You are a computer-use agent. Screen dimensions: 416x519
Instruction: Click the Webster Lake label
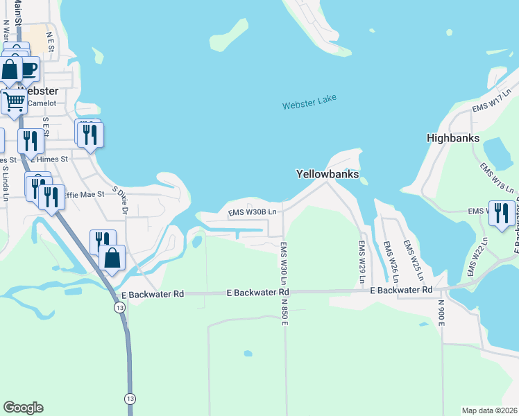(309, 102)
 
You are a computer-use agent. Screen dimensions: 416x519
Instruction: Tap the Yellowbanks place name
(327, 175)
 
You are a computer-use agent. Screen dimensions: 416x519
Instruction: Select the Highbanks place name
(454, 139)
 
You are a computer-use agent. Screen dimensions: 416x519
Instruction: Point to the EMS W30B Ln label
(253, 211)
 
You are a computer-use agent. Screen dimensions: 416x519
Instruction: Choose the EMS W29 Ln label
(361, 263)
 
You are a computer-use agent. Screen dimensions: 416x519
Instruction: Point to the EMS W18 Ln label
(497, 178)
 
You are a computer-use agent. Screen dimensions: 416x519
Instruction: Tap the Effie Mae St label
(83, 195)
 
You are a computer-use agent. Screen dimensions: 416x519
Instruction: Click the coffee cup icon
(28, 69)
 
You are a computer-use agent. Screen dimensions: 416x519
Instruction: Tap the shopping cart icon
(14, 101)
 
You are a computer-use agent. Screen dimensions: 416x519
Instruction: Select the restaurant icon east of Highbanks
(502, 212)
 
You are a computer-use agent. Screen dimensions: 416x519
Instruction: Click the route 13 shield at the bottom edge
(130, 399)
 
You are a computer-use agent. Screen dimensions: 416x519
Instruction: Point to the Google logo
(23, 408)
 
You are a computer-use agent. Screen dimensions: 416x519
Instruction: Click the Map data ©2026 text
(489, 410)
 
